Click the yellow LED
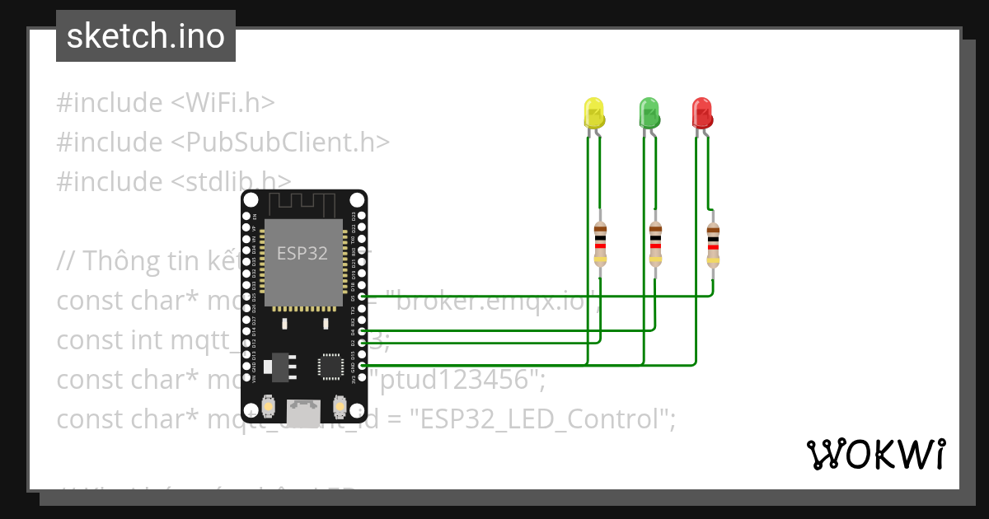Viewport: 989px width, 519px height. tap(593, 112)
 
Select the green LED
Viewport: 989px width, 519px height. tap(649, 112)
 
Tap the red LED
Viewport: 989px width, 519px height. tap(701, 112)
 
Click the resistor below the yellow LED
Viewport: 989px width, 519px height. tap(600, 244)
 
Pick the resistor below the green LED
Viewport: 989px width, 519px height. tap(655, 244)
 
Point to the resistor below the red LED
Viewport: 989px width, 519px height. tap(713, 245)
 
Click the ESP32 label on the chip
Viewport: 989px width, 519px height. tap(302, 254)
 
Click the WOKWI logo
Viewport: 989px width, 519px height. tap(875, 455)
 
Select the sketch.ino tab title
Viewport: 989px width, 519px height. tap(146, 36)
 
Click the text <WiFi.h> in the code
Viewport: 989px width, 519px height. tap(223, 103)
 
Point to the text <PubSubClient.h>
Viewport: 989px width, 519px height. tap(280, 143)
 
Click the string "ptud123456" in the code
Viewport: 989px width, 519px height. tap(460, 380)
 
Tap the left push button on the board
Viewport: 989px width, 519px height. tap(268, 405)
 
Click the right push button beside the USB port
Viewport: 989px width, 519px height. tap(339, 405)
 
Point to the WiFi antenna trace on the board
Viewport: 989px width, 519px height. tap(303, 203)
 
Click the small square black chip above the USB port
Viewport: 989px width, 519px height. tap(331, 366)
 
